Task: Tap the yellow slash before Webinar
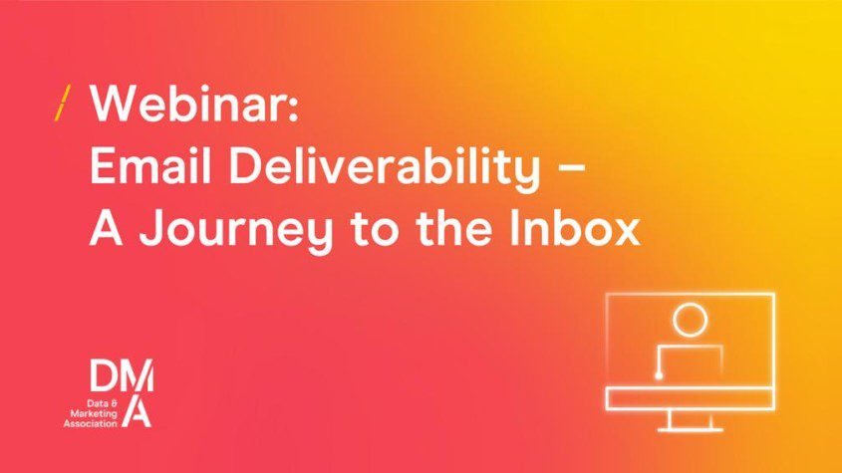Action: [x=63, y=103]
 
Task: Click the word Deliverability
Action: [x=384, y=168]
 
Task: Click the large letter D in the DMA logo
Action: [x=103, y=375]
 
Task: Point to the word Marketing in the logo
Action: [x=93, y=413]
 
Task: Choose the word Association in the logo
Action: [x=91, y=423]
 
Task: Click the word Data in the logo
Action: [x=98, y=403]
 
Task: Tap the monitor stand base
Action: [x=690, y=428]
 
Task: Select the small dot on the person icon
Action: [x=659, y=375]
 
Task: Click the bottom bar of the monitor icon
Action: [x=690, y=399]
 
